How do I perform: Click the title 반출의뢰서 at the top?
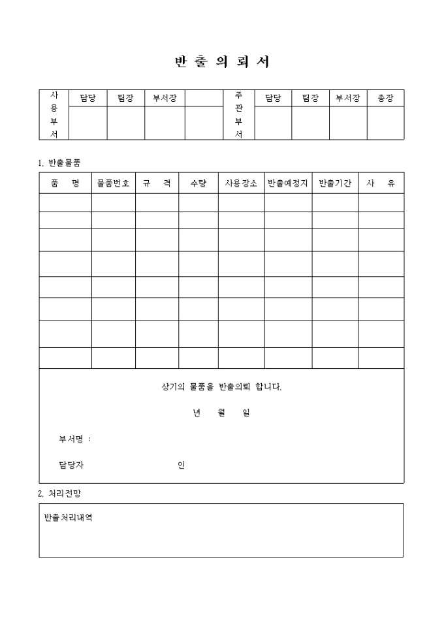(x=222, y=62)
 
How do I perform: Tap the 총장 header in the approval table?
(x=385, y=98)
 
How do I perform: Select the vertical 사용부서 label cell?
(x=54, y=115)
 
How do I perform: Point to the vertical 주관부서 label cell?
(x=238, y=115)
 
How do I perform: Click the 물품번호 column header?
(x=113, y=183)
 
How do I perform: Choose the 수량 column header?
(x=198, y=183)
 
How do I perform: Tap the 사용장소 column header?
(x=241, y=183)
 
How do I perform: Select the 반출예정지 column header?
(x=288, y=183)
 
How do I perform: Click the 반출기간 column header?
(x=335, y=183)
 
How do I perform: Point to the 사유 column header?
(x=381, y=183)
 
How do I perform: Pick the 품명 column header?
(x=65, y=183)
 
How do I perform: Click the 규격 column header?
(x=157, y=183)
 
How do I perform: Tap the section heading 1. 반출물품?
(x=59, y=162)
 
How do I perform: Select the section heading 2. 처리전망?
(x=59, y=494)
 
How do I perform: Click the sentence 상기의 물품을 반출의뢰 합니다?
(x=221, y=387)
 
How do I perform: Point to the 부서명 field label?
(x=74, y=439)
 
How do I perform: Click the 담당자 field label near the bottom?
(x=71, y=465)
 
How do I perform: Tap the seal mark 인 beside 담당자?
(x=181, y=465)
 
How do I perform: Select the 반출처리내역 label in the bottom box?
(x=68, y=518)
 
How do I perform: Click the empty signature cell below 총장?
(x=385, y=123)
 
